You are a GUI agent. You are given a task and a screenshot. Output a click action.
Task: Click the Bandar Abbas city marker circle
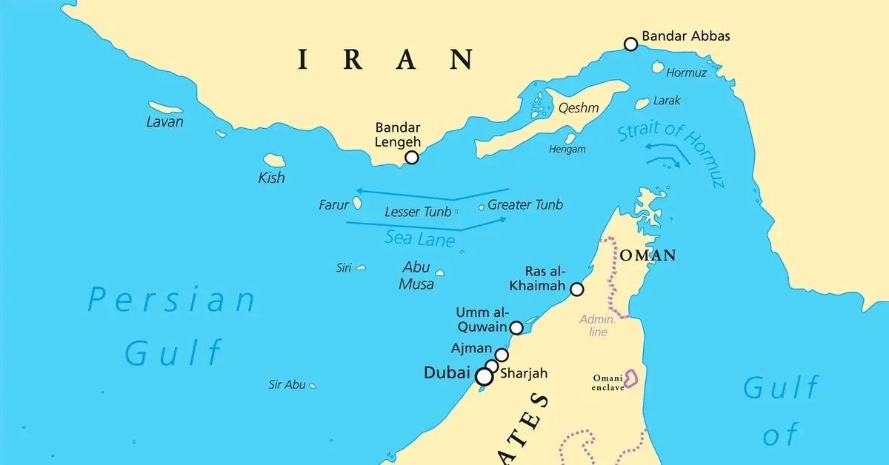(x=630, y=44)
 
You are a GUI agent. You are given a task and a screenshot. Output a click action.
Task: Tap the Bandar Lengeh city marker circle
(x=412, y=157)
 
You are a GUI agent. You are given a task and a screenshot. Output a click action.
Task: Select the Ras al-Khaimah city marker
(x=577, y=289)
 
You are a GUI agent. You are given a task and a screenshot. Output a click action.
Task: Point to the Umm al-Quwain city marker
(x=517, y=327)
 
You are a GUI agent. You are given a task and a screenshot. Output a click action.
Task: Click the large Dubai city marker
(x=484, y=377)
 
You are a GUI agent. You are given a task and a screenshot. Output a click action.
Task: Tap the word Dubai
(x=446, y=373)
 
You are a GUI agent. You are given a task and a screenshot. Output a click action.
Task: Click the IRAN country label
(x=385, y=58)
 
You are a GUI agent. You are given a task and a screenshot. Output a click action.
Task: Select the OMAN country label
(x=647, y=255)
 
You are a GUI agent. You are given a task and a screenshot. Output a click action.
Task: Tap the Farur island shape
(x=357, y=202)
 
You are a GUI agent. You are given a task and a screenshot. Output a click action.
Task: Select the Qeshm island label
(x=579, y=108)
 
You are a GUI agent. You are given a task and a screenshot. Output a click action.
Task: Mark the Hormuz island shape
(x=657, y=67)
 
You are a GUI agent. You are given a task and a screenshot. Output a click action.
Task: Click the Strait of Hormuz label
(x=671, y=152)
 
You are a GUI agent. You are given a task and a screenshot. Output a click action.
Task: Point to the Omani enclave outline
(x=631, y=378)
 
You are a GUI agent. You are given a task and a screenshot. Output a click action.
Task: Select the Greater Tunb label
(x=525, y=205)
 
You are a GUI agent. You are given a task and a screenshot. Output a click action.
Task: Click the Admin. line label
(x=597, y=326)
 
